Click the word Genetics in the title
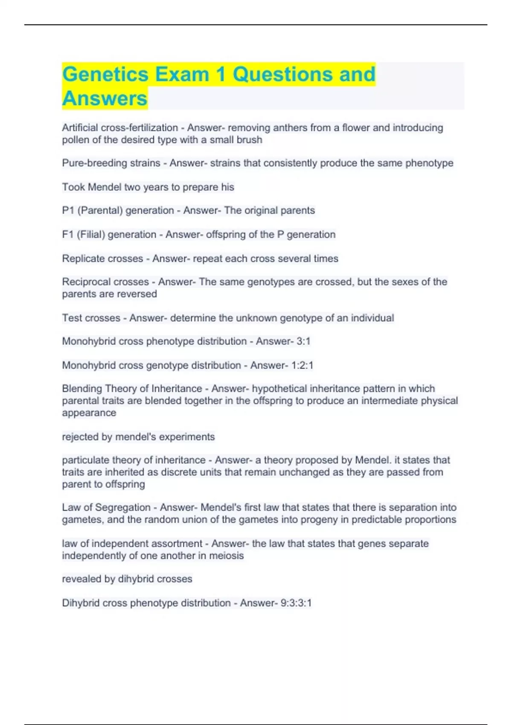[105, 75]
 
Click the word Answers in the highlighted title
[105, 99]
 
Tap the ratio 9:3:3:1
[296, 603]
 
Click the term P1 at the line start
[68, 210]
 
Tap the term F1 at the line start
[68, 234]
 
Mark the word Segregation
[122, 507]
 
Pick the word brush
[250, 140]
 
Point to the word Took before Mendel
[73, 187]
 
